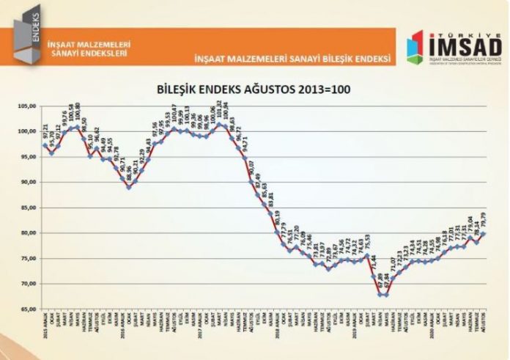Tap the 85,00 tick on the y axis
[27, 207]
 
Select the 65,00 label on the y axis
[27, 309]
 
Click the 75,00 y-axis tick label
[27, 258]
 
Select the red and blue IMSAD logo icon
[415, 46]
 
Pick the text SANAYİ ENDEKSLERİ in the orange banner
[86, 53]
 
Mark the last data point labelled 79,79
[483, 233]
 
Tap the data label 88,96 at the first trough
[129, 173]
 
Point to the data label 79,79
[483, 219]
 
